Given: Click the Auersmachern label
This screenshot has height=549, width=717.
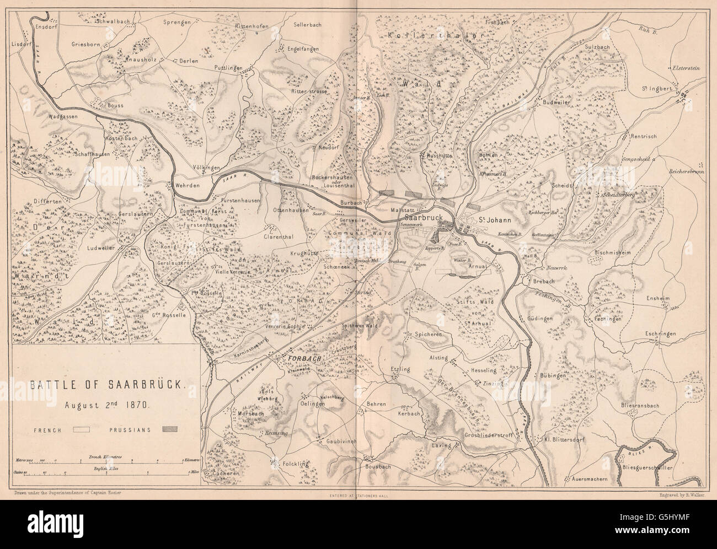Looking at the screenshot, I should pos(589,479).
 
